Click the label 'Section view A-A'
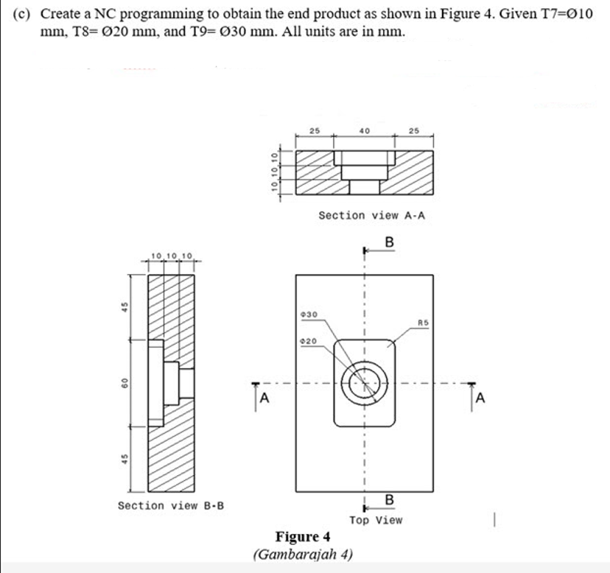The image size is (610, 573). [x=371, y=215]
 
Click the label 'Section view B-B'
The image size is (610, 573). [x=171, y=505]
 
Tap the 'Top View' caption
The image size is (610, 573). [x=376, y=520]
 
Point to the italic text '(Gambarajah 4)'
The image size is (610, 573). [x=303, y=553]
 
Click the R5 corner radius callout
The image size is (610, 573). [x=422, y=323]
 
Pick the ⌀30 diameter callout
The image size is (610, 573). [x=309, y=314]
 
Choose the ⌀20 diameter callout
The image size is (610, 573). [x=309, y=341]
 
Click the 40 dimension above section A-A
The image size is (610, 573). [x=364, y=131]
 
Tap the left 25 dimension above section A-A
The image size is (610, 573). [x=315, y=131]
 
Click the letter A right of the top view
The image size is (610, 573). [x=480, y=400]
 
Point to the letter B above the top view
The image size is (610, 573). [x=389, y=242]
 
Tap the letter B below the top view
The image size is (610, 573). [x=389, y=501]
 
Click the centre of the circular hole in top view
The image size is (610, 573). [x=364, y=383]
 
